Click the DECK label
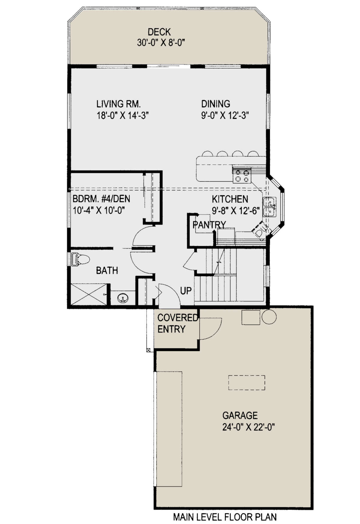(159, 32)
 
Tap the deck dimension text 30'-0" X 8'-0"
(161, 43)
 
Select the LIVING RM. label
(118, 104)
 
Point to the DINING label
(216, 104)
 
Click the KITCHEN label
(230, 199)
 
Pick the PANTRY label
(209, 224)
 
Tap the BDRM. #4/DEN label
(101, 199)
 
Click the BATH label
(107, 271)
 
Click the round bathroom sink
(123, 298)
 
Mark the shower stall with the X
(89, 294)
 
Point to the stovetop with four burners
(242, 176)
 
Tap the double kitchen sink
(269, 207)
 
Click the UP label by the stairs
(186, 291)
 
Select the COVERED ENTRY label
(177, 323)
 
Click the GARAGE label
(240, 415)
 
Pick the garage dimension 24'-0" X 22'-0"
(248, 427)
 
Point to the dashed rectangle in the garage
(247, 383)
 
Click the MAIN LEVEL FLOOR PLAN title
(225, 517)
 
